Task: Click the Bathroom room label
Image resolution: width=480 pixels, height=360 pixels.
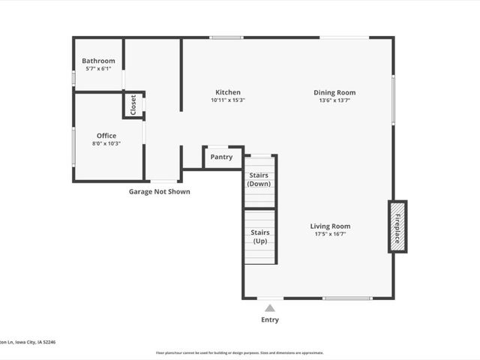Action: click(98, 61)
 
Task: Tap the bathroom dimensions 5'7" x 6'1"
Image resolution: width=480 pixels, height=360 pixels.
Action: click(98, 69)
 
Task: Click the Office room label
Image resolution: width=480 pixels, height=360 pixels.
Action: click(106, 136)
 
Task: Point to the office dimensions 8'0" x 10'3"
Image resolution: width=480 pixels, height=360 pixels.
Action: click(106, 144)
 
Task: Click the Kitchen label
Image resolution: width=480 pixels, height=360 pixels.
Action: click(228, 92)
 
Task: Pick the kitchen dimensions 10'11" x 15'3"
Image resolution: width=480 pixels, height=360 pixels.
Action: click(228, 100)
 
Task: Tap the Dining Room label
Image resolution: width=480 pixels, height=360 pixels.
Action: click(334, 92)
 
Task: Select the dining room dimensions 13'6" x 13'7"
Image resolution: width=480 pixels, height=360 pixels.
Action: click(334, 100)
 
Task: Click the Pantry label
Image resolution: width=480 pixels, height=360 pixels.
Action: click(221, 157)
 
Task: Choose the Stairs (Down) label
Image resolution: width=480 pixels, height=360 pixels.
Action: click(259, 179)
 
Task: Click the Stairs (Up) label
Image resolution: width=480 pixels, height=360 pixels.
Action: click(259, 237)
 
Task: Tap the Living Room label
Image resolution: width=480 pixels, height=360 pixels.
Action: click(330, 226)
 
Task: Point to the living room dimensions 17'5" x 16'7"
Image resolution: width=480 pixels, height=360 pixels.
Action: click(330, 234)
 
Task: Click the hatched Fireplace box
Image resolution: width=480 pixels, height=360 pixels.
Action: click(397, 226)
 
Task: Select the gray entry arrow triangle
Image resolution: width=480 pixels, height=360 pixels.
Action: click(270, 307)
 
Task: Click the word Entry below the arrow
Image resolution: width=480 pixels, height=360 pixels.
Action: click(270, 320)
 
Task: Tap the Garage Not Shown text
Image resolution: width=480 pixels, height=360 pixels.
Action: click(159, 192)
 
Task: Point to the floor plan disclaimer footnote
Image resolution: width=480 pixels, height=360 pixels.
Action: click(239, 352)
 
